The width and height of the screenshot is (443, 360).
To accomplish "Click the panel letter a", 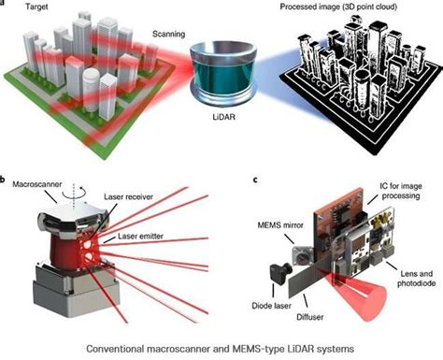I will (4, 4).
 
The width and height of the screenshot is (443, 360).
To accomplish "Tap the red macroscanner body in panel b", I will (70, 244).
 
